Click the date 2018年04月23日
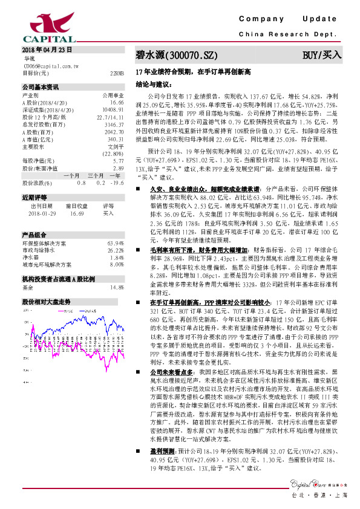[47, 48]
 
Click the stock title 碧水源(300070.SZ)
[175, 55]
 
